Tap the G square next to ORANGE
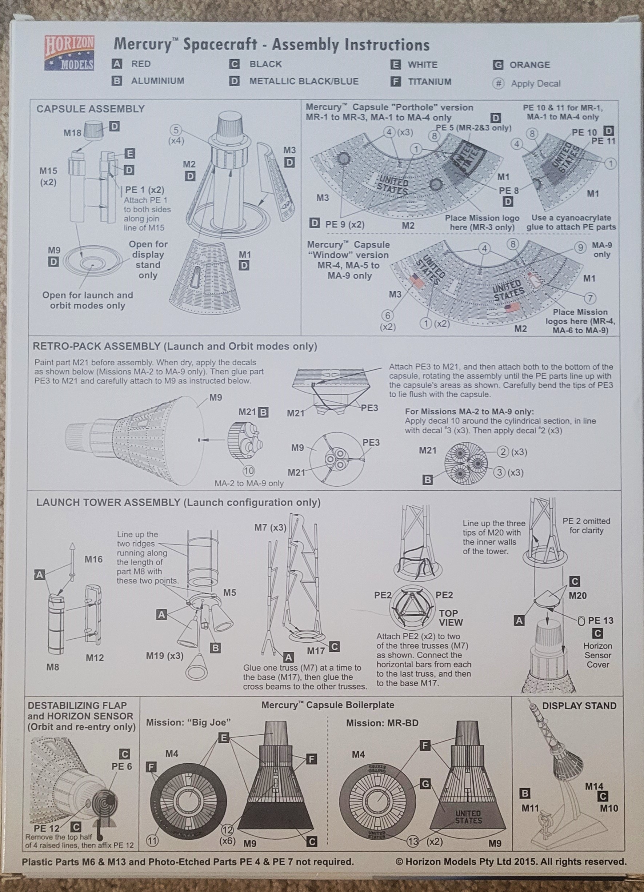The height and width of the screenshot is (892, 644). point(498,65)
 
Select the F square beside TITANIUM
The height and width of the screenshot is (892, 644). point(395,82)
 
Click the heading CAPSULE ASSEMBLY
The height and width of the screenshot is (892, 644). point(91,109)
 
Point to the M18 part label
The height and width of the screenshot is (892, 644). point(72,133)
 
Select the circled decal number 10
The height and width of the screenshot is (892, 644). point(249,471)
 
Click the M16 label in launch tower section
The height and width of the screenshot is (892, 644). point(93,559)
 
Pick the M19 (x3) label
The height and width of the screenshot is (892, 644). point(164,656)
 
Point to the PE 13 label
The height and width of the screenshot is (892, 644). point(600,620)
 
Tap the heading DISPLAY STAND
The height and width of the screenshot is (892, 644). point(579,706)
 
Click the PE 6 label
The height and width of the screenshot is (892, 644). point(121,767)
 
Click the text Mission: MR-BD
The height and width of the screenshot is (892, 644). point(382,723)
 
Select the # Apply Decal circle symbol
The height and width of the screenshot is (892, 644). point(499,83)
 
